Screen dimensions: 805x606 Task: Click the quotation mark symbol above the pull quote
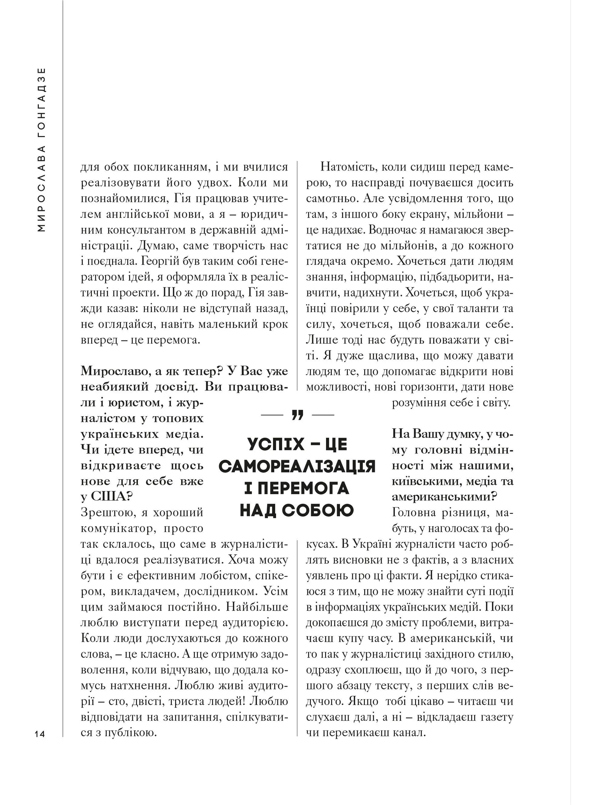pos(297,415)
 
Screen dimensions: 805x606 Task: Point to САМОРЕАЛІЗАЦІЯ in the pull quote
pos(297,466)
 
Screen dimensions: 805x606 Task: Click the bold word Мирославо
pos(111,371)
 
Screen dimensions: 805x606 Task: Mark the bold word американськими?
pos(444,497)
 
